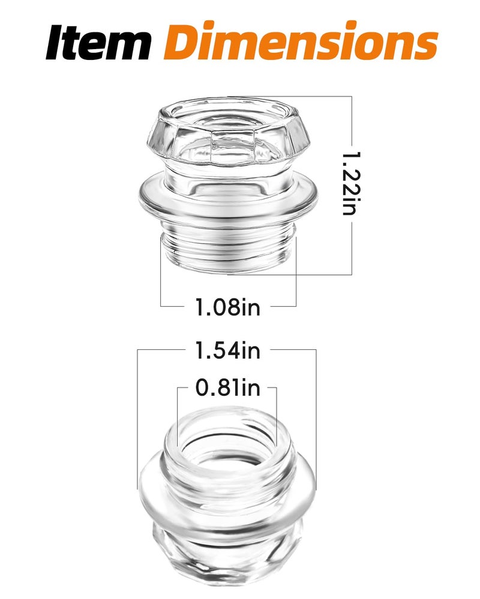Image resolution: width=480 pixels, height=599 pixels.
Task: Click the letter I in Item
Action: [56, 42]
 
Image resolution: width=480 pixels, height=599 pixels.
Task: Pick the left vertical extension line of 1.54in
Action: [138, 419]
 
